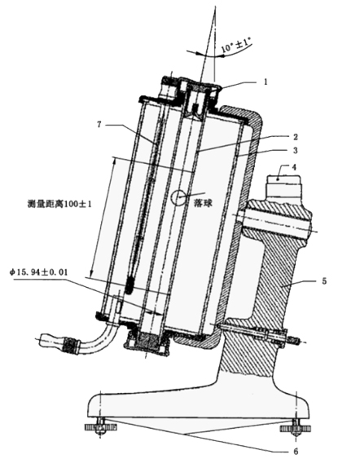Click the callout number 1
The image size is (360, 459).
(266, 82)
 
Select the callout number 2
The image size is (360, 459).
(296, 137)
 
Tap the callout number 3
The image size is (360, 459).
(296, 150)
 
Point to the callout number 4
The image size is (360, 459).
(294, 167)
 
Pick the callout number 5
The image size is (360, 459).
(324, 281)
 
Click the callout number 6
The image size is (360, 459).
(296, 451)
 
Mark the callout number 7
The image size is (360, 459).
(99, 124)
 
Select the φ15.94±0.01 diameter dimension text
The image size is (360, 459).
(38, 272)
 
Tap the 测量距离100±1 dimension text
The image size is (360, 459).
(59, 204)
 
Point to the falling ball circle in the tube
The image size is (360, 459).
(178, 197)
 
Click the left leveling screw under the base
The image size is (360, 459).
(101, 427)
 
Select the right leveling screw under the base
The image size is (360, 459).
(296, 428)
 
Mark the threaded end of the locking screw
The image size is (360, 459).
(293, 340)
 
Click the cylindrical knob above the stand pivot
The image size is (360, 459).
(283, 186)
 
